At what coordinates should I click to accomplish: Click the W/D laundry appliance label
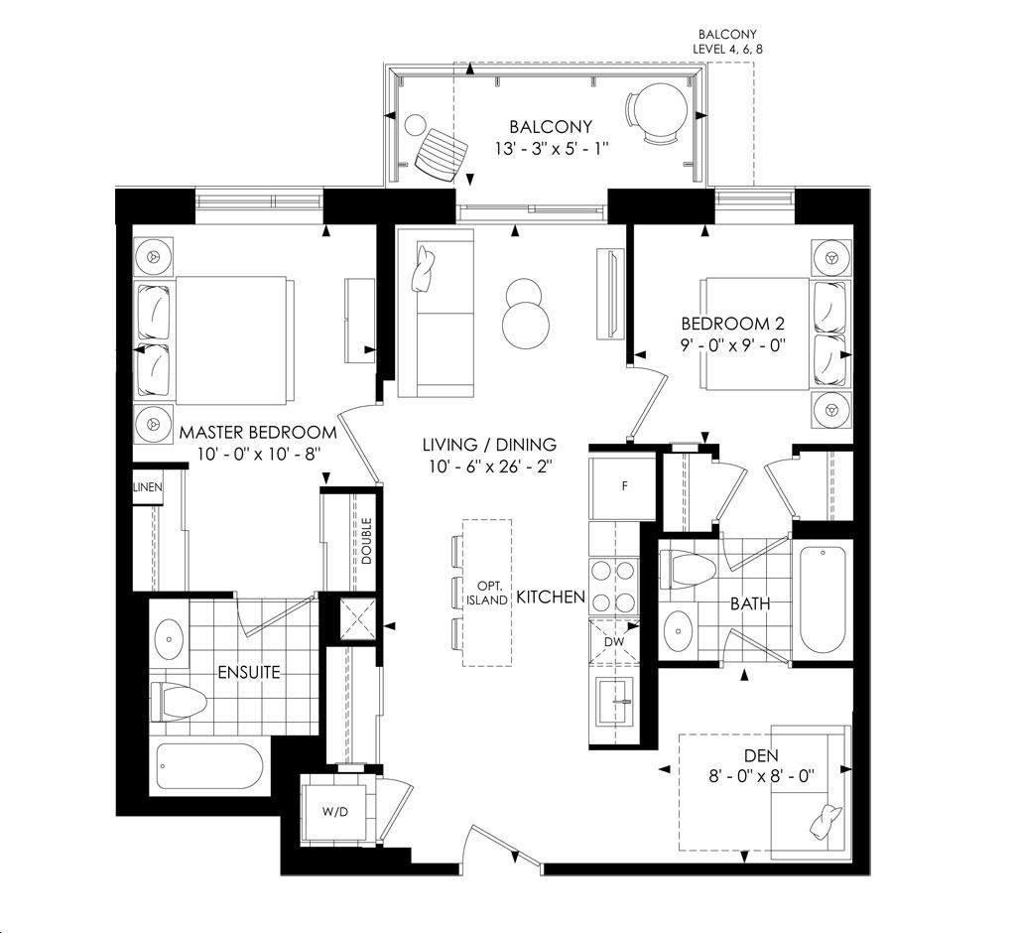tap(335, 812)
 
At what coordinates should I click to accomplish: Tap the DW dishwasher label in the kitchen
tap(613, 642)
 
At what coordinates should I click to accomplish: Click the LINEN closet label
tap(148, 487)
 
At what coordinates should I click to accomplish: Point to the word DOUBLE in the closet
tap(367, 541)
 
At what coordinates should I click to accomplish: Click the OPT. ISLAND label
tap(487, 593)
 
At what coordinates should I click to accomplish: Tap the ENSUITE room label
tap(249, 672)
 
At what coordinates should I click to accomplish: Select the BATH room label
tap(750, 604)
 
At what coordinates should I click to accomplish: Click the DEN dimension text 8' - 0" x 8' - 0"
tap(761, 776)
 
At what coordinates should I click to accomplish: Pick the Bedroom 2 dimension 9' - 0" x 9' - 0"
tap(733, 344)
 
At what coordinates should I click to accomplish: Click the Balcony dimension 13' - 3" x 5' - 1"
tap(551, 149)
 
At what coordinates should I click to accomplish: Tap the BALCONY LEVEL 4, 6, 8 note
tap(727, 41)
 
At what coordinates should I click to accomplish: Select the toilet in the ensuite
tap(179, 702)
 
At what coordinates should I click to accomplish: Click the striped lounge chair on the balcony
tap(442, 153)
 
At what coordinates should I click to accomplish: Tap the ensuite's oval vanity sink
tap(170, 638)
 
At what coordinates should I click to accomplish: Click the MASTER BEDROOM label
tap(258, 433)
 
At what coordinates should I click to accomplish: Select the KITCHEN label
tap(551, 598)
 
